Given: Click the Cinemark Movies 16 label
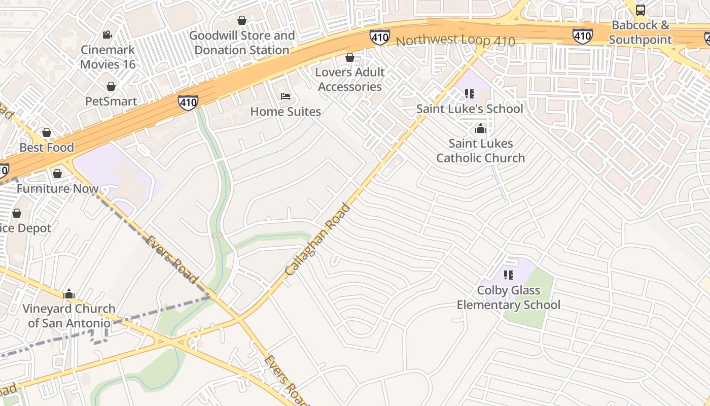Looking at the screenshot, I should pos(108,57).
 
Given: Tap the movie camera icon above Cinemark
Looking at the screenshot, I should pos(107,35).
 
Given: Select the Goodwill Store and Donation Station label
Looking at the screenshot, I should pos(242,43).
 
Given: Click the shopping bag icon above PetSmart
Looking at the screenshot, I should pos(111,87).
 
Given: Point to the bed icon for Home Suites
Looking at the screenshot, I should pos(286,96).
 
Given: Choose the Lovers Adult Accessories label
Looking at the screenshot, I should pos(349,79).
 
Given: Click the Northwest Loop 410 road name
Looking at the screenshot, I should pos(455,41).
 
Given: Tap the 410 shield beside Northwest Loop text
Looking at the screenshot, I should pos(379,37).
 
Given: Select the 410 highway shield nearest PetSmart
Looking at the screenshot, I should pos(188,103).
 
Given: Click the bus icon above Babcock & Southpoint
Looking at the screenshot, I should pos(641,10).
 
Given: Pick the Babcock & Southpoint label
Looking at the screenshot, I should pos(640,32).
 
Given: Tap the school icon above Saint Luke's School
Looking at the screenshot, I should pos(470,94).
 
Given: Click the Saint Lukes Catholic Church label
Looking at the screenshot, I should pos(480,151).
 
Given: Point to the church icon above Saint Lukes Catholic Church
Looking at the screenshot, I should pos(480,129).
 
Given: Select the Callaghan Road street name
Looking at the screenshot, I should pos(318,239).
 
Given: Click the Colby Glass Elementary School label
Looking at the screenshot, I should pos(508,297).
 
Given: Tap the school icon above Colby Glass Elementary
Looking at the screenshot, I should pos(509,275).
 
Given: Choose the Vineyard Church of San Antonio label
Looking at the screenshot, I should pos(69,316).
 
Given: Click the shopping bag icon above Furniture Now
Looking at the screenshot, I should pos(57,174).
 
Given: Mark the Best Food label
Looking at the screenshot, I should pos(47,148).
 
